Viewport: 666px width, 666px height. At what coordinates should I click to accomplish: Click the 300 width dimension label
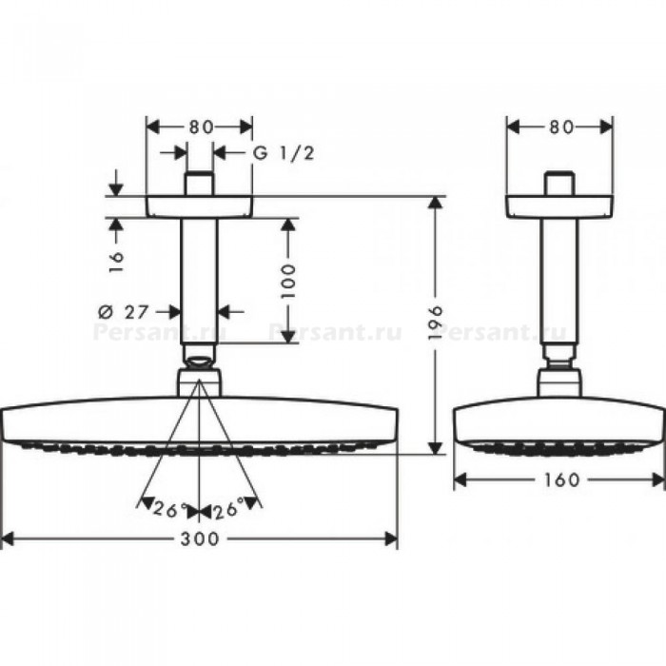coord(200,539)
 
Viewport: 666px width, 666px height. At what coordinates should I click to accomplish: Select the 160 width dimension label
coord(561,480)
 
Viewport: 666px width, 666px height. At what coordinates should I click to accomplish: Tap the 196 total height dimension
coord(436,323)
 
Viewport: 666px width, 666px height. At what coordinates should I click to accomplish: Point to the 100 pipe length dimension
coord(288,282)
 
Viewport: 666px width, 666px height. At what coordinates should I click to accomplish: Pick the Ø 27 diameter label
coord(123,312)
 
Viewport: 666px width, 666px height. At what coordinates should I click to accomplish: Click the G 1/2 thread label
coord(284,153)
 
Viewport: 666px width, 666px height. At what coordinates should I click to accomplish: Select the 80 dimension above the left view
coord(201,127)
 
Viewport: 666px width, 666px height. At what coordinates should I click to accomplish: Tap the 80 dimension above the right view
coord(561,127)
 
